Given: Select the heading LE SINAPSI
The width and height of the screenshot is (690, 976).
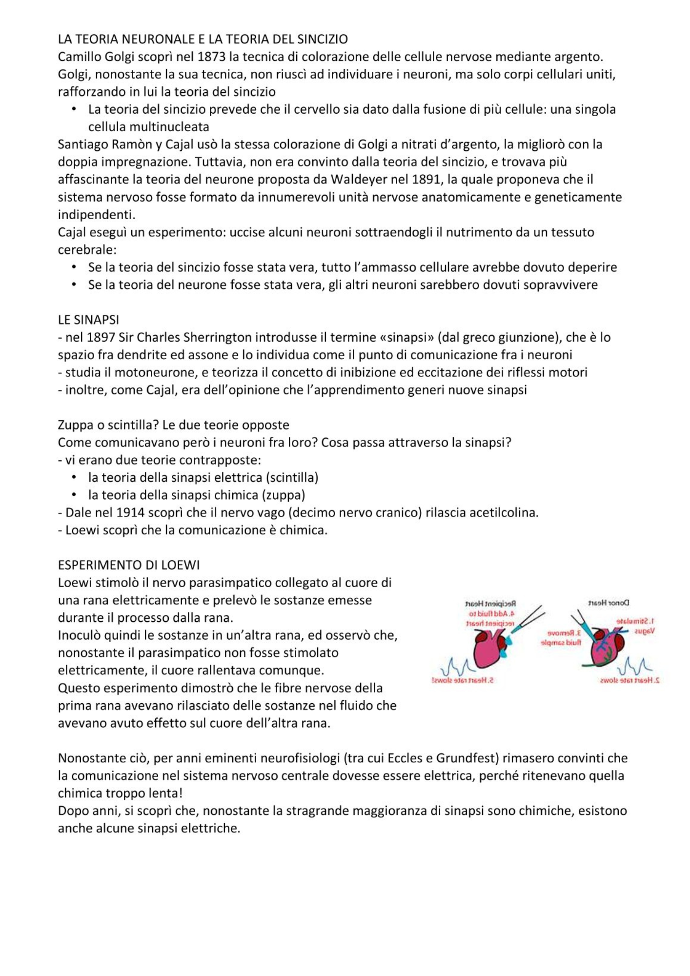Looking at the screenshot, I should [x=88, y=320].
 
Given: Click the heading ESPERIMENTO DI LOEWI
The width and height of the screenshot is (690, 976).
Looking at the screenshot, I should [x=129, y=565].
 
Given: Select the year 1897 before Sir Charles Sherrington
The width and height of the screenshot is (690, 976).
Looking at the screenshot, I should [x=101, y=337].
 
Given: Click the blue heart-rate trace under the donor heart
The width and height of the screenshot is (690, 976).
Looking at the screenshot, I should [x=634, y=666].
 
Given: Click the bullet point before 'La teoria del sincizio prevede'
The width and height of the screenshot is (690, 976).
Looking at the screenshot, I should [x=74, y=109].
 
